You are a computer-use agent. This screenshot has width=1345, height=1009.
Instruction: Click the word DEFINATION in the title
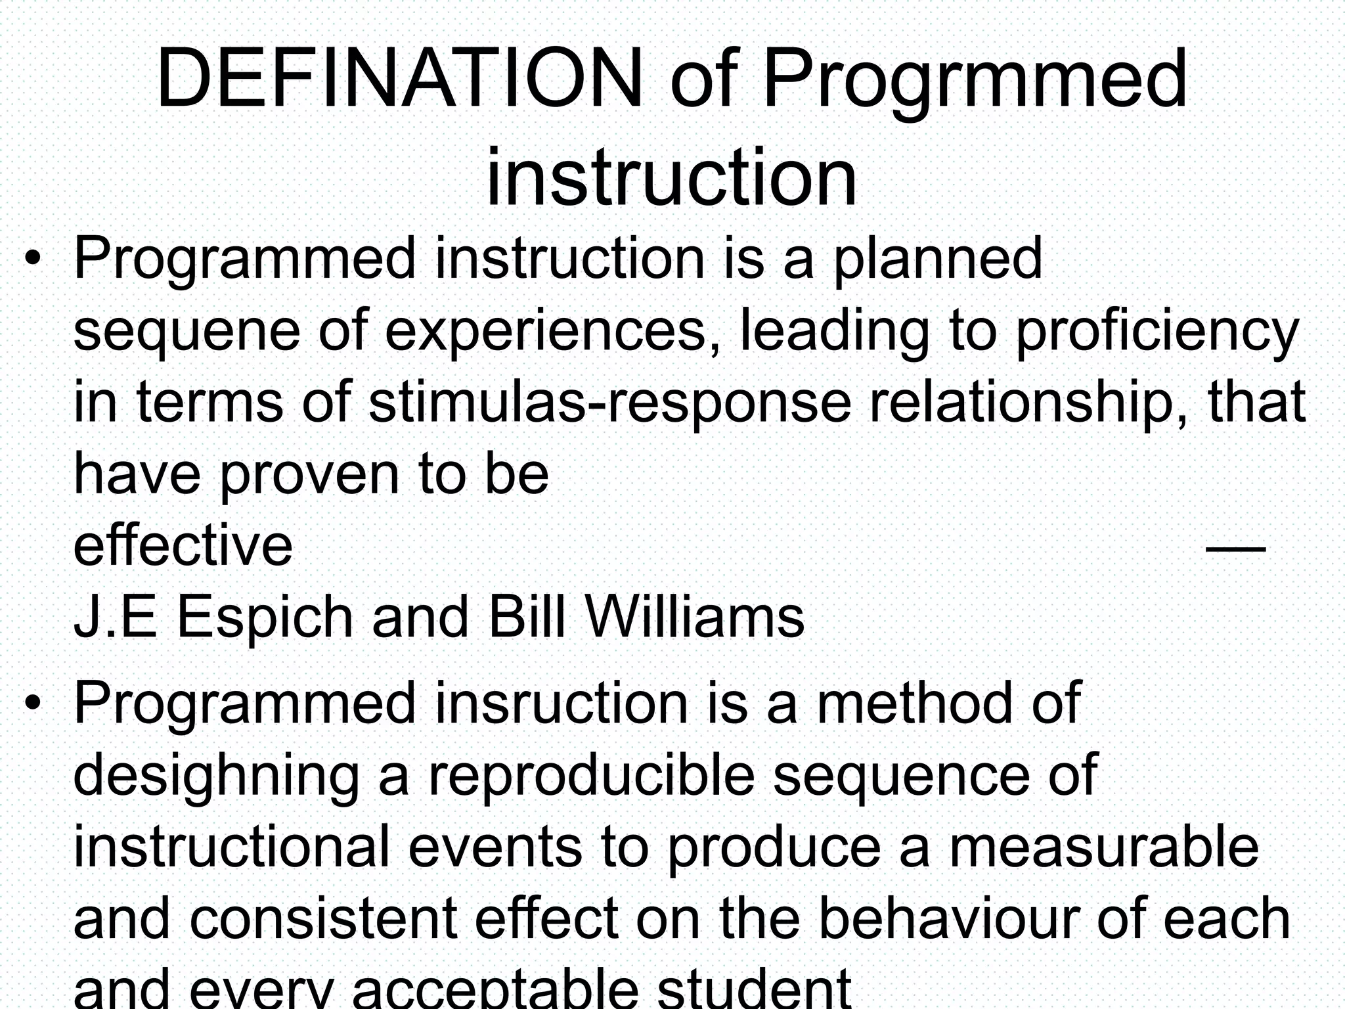click(x=399, y=79)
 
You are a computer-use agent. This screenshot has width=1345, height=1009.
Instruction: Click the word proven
click(x=309, y=475)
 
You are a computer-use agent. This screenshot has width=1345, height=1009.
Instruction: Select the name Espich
click(x=265, y=617)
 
